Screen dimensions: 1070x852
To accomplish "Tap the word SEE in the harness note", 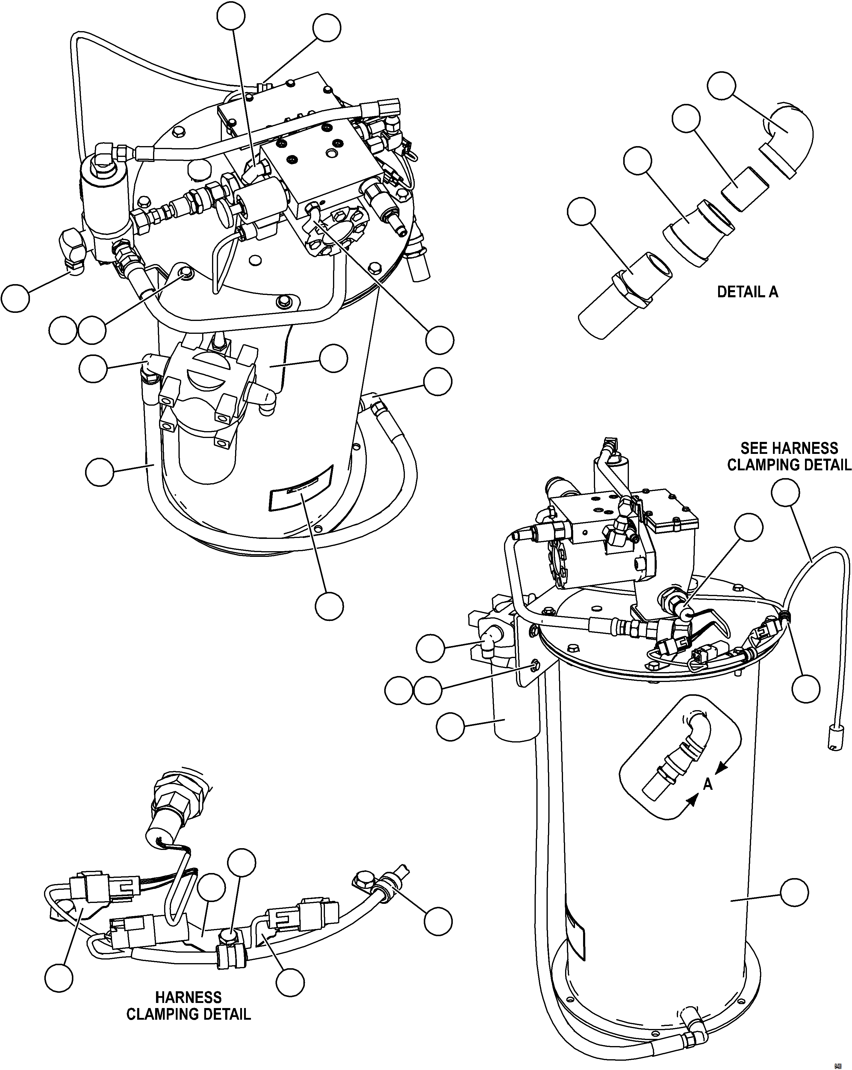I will click(x=755, y=449).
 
